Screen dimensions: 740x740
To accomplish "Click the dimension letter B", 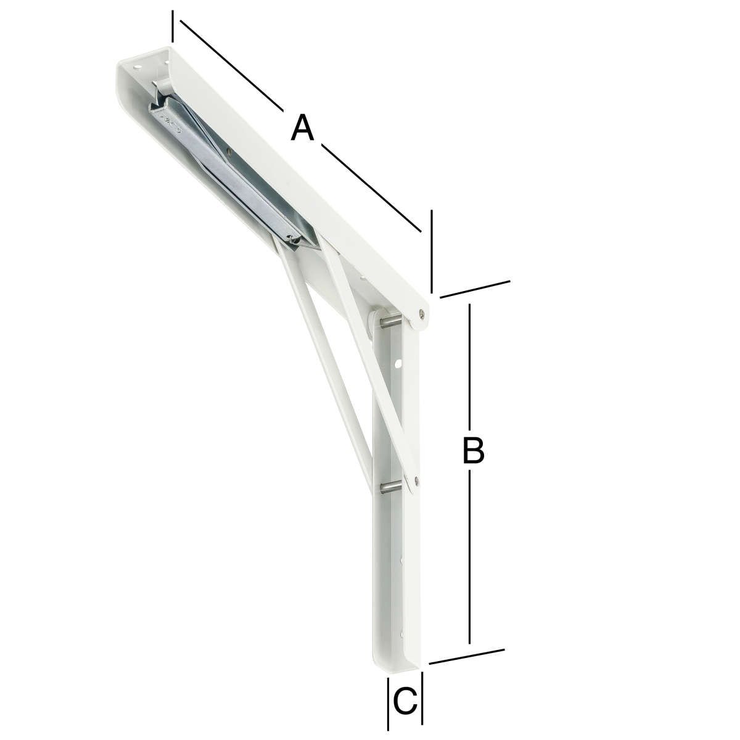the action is click(x=473, y=450).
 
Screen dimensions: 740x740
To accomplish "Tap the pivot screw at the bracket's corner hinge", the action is click(x=422, y=313).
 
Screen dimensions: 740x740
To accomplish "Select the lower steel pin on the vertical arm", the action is click(x=390, y=487).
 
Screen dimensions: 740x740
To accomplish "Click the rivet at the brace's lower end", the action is click(x=417, y=480).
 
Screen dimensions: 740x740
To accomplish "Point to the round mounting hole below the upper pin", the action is click(x=398, y=362).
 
